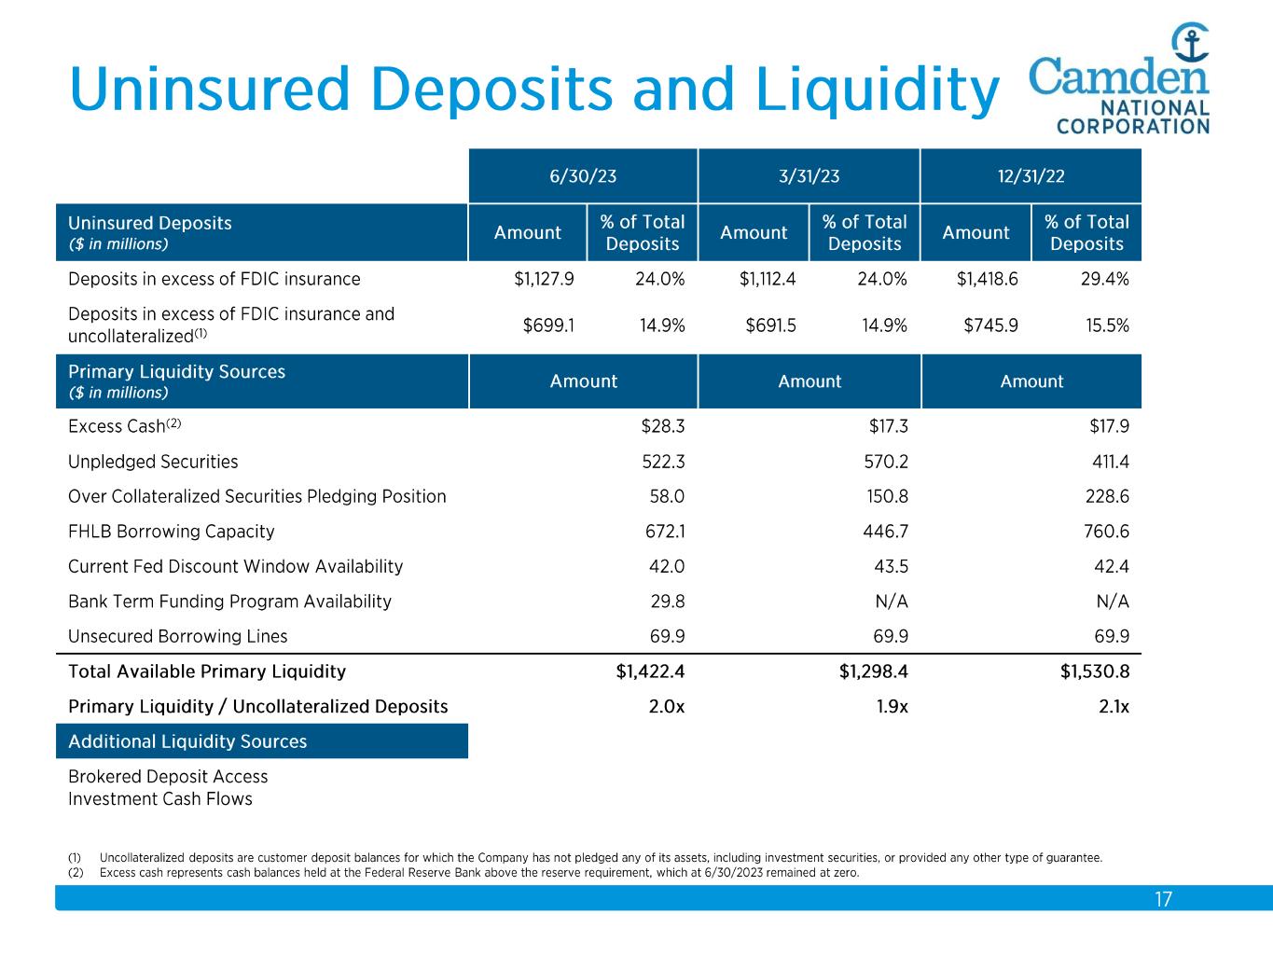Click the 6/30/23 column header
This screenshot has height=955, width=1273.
(x=583, y=176)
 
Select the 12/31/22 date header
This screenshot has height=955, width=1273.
(x=1031, y=176)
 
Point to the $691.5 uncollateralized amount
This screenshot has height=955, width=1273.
(x=770, y=325)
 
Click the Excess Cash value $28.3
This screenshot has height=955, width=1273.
(x=663, y=426)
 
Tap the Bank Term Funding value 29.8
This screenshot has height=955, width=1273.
(x=667, y=602)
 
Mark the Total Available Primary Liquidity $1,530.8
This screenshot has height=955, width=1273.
(x=1094, y=671)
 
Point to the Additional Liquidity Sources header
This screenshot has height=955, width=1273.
(x=187, y=741)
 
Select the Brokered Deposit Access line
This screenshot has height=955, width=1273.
(x=168, y=777)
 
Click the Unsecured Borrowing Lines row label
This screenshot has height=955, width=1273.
(x=178, y=637)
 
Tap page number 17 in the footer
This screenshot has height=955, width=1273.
(x=1163, y=900)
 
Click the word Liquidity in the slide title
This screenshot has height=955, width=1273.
(x=876, y=90)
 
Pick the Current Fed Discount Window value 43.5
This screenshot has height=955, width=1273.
(x=892, y=567)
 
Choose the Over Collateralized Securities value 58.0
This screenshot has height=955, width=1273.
(x=667, y=497)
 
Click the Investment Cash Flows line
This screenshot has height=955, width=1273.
(x=160, y=799)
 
